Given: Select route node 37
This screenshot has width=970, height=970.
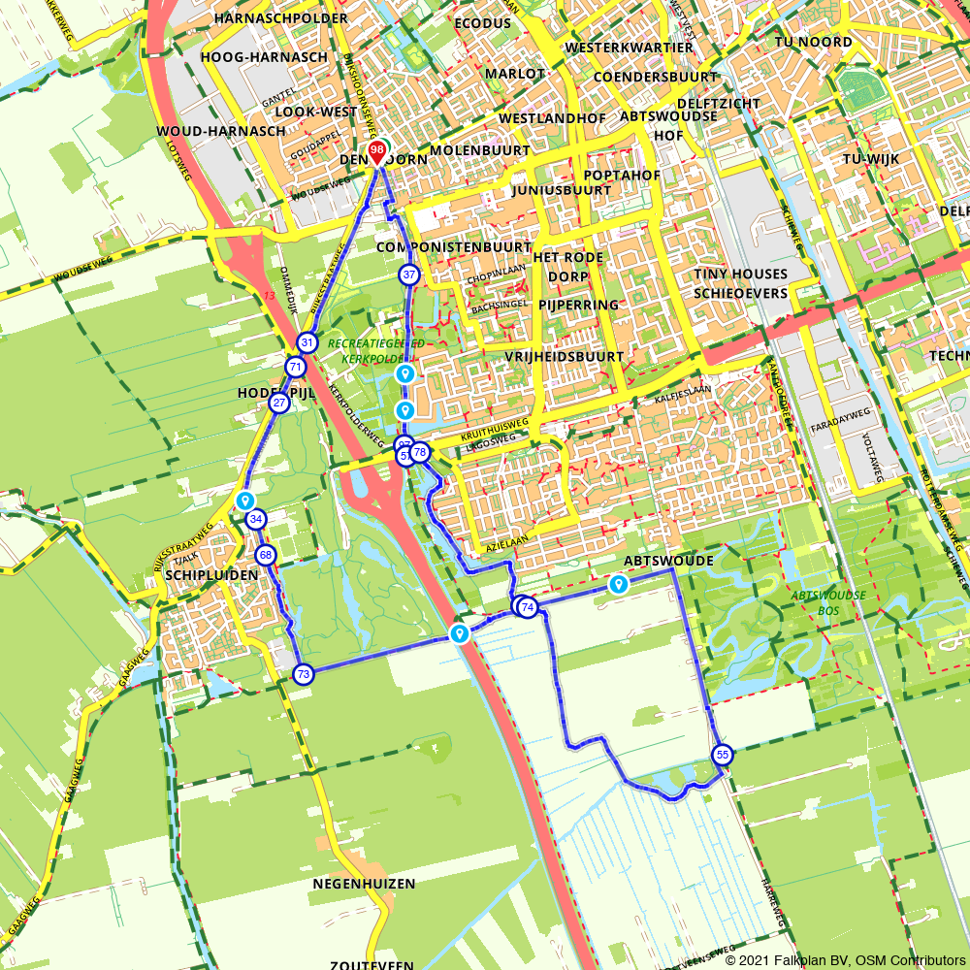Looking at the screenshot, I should (x=409, y=275).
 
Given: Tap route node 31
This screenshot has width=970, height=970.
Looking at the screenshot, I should (x=307, y=342).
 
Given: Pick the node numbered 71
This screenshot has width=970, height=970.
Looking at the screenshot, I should (x=296, y=367).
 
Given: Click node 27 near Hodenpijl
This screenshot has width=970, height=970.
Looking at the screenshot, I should (x=279, y=403).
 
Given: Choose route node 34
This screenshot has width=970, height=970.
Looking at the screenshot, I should (x=256, y=520).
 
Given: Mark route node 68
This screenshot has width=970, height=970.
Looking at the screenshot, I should (x=266, y=556).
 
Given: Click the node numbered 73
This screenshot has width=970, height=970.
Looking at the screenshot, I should (x=304, y=674).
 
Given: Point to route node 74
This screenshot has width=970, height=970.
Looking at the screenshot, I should (x=528, y=607).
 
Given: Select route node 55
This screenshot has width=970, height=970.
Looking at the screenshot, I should (x=723, y=755).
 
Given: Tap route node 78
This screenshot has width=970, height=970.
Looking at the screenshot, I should (x=420, y=452).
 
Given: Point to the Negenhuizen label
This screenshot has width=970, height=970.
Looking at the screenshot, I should (x=364, y=884).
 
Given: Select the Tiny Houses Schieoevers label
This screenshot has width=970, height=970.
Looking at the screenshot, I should (x=740, y=283).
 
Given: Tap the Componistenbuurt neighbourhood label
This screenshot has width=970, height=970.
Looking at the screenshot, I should (x=454, y=247).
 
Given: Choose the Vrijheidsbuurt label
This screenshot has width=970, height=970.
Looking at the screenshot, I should (x=564, y=357).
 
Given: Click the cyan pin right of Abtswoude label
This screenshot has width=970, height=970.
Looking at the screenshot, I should (x=618, y=584).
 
